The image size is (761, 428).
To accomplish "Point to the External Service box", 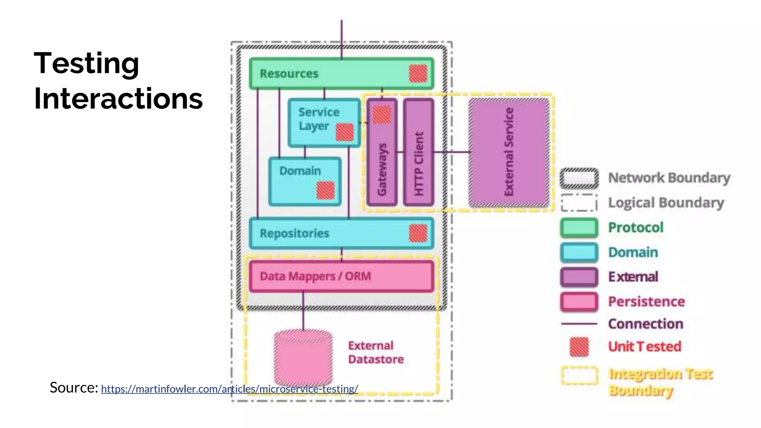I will [509, 152].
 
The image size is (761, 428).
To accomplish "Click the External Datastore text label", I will [375, 353].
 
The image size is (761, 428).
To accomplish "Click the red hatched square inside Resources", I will [418, 74].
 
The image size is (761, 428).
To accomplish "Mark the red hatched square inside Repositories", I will [418, 233].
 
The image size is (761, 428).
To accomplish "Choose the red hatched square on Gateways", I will [382, 114].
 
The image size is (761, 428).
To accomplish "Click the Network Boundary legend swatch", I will [579, 178].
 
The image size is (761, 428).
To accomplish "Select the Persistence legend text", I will [646, 302].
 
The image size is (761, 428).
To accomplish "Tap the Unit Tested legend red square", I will [579, 347].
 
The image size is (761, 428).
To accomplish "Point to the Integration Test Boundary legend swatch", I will [579, 375].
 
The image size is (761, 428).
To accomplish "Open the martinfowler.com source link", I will [229, 389].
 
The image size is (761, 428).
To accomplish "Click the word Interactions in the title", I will [118, 99].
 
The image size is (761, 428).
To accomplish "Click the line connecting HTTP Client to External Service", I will [451, 152].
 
